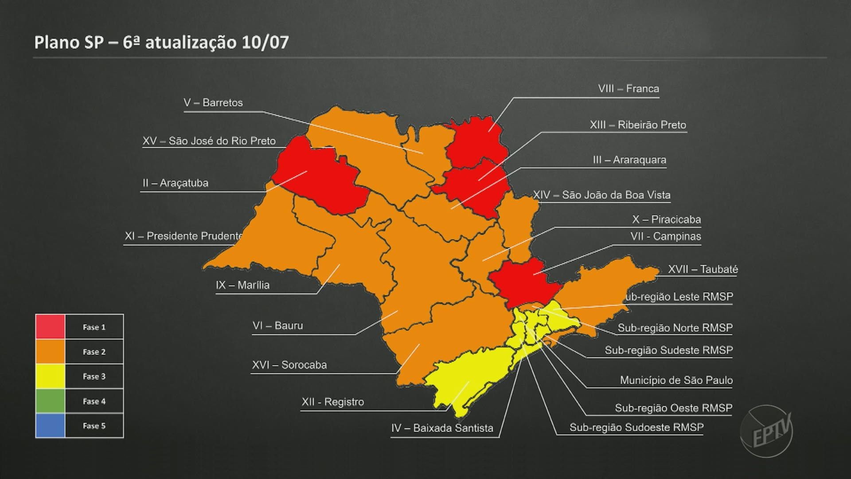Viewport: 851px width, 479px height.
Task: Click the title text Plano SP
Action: point(69,43)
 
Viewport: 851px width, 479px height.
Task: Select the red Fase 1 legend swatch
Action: point(50,327)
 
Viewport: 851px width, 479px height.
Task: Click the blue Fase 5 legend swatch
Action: point(50,426)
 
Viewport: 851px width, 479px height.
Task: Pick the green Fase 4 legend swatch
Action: point(50,401)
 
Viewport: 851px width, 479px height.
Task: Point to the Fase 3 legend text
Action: point(94,377)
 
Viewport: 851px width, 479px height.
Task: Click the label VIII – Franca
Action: point(628,89)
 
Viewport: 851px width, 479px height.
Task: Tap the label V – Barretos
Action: point(213,103)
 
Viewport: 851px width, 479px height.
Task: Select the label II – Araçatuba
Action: point(175,183)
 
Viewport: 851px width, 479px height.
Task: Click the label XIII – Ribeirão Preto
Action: point(637,125)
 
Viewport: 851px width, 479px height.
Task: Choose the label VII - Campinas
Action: point(665,236)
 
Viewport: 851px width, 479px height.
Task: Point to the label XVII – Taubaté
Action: point(703,269)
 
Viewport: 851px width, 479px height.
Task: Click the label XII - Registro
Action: point(332,402)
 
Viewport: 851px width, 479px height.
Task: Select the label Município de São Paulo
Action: point(676,381)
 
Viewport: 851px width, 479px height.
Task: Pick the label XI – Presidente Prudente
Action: point(183,236)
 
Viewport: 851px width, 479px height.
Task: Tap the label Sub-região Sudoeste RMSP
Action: point(636,428)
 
